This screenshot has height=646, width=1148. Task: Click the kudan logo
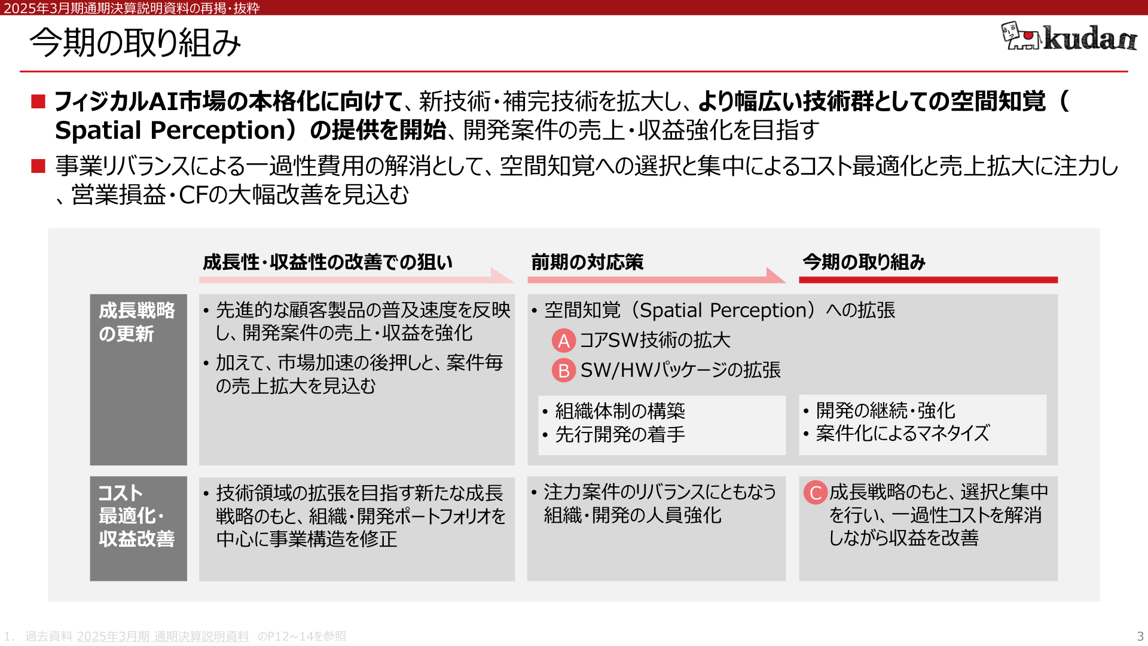(1068, 36)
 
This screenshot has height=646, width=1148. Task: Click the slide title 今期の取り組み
(135, 43)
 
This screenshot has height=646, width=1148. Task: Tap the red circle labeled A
(563, 340)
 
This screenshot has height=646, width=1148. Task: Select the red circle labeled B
(563, 370)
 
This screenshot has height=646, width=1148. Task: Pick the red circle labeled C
(815, 493)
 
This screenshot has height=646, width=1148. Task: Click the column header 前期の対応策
(587, 262)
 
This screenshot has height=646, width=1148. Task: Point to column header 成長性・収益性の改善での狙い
(328, 262)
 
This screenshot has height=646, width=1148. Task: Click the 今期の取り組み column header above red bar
(864, 262)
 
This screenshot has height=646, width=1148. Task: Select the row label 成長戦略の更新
(137, 322)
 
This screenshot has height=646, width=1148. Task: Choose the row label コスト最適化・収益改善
(136, 516)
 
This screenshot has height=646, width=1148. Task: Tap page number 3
(1140, 636)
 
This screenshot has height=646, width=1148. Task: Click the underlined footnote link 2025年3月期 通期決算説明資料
(163, 636)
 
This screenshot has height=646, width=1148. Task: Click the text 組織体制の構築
(620, 411)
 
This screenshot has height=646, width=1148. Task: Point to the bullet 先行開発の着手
(620, 434)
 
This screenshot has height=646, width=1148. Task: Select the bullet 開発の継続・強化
(886, 410)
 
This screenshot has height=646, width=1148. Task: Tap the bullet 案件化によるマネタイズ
(903, 433)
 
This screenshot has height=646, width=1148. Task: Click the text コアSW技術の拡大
(655, 340)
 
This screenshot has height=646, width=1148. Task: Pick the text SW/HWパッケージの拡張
(680, 370)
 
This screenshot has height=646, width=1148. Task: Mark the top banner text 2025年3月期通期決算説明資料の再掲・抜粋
(132, 8)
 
